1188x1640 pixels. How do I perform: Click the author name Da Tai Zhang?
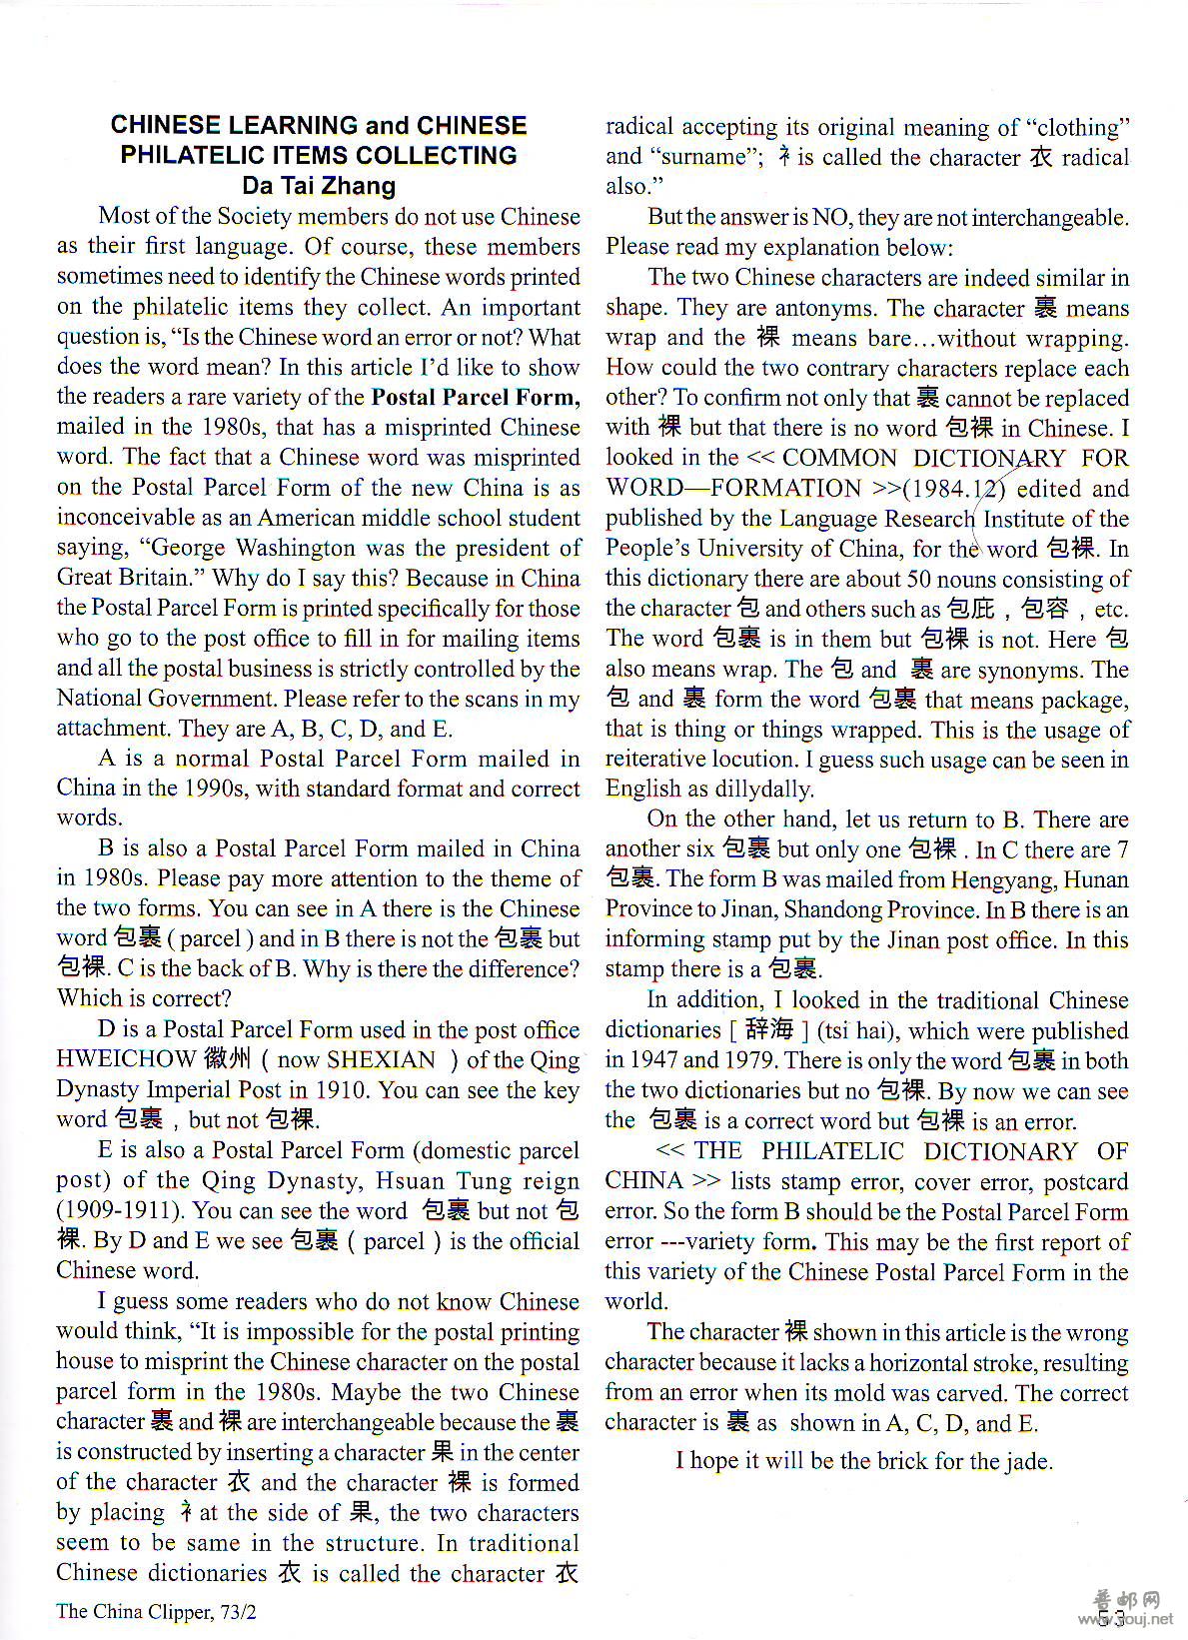click(319, 186)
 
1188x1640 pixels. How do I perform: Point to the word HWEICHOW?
click(127, 1059)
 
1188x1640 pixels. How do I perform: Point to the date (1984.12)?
click(957, 489)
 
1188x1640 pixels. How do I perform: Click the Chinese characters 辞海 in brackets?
click(769, 1029)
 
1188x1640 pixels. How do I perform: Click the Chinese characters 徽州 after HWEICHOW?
click(226, 1059)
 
